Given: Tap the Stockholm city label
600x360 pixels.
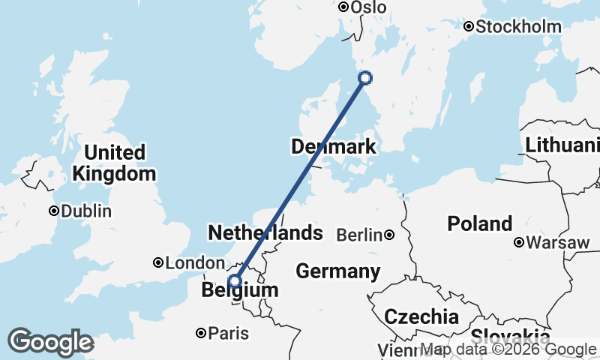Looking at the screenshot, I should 519,27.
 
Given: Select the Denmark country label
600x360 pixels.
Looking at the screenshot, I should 333,147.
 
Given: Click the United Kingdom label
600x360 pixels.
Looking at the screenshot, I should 114,163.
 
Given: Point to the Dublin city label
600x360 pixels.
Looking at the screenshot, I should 85,211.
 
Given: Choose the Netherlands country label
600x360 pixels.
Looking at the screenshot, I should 265,233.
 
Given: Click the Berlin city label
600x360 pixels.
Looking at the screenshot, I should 359,235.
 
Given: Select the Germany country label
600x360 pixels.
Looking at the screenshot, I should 337,271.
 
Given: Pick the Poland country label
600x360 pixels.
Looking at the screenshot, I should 480,223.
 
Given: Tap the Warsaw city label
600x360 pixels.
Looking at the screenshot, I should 557,243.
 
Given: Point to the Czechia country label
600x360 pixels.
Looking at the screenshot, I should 421,316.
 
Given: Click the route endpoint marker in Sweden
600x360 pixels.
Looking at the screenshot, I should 365,77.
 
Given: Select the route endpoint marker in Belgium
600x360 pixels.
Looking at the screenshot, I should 235,281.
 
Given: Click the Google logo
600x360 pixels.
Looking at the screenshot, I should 50,343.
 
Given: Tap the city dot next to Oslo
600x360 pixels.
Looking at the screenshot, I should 343,7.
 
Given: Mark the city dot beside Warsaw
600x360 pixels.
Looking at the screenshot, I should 518,242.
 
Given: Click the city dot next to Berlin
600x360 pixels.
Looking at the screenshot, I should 389,235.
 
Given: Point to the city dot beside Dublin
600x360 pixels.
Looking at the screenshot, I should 54,211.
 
